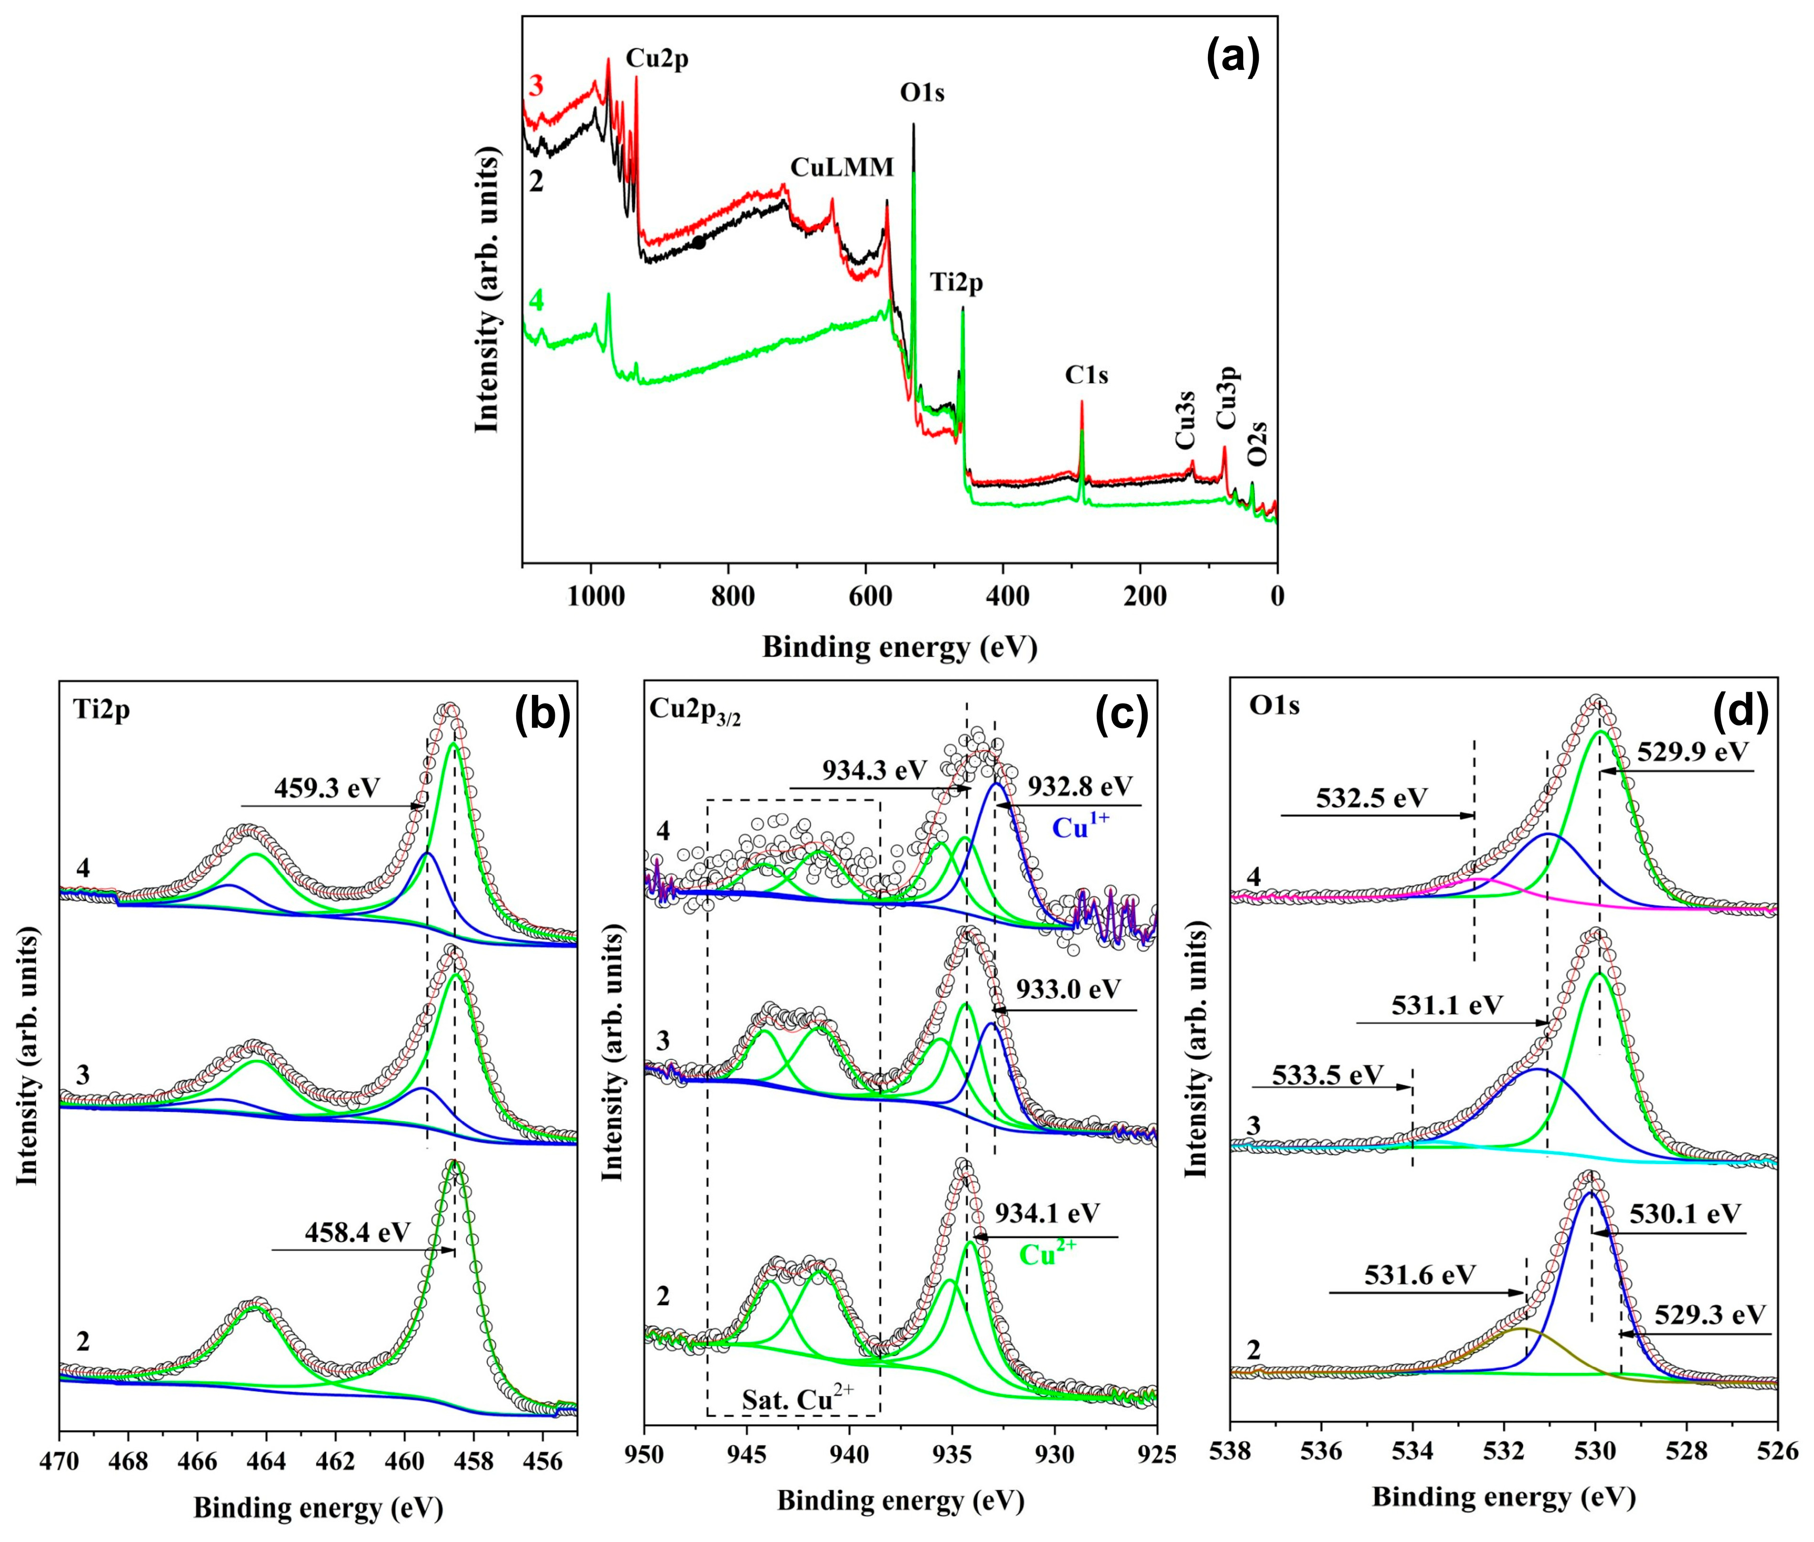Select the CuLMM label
pos(842,167)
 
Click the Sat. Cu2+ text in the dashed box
pos(798,1401)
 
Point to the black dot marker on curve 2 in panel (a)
pos(699,243)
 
